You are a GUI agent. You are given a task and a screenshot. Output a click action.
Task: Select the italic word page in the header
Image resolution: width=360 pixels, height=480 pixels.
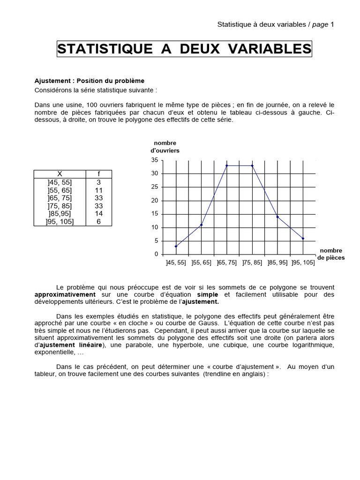(320, 24)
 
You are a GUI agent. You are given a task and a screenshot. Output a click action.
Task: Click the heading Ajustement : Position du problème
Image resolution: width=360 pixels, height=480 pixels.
(90, 81)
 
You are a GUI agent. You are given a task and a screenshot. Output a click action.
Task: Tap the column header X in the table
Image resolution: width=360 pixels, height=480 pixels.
(60, 174)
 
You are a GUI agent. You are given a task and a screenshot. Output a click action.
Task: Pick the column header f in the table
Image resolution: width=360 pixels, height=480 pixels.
(99, 174)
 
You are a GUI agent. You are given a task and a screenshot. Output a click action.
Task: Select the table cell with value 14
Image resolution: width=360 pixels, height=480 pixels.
(99, 214)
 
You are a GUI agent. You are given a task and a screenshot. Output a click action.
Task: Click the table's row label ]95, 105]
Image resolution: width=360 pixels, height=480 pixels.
(60, 222)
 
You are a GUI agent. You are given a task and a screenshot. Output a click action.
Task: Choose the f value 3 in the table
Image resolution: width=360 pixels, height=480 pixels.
(99, 182)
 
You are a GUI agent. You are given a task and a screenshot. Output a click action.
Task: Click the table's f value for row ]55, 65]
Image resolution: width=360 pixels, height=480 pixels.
(99, 190)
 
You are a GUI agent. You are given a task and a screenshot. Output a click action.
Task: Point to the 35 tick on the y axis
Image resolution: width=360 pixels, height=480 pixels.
(155, 160)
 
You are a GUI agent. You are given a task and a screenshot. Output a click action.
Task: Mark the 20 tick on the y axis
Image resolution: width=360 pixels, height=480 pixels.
(155, 201)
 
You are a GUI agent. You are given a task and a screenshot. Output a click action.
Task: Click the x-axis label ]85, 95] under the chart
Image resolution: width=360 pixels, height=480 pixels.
(277, 263)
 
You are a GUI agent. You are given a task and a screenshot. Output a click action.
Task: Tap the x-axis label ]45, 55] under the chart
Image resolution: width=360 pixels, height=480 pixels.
(176, 263)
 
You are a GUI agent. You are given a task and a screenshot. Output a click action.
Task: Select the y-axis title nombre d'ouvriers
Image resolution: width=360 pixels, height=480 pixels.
(165, 147)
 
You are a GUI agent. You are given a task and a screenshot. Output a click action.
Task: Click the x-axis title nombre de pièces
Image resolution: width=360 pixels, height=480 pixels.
(331, 254)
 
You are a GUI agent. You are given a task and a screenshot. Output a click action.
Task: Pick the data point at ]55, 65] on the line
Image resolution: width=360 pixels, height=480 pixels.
(201, 225)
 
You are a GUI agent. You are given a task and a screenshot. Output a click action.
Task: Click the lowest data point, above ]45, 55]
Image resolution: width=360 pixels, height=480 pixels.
(176, 247)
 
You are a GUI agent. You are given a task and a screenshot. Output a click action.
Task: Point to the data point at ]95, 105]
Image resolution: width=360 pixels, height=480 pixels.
(303, 239)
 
